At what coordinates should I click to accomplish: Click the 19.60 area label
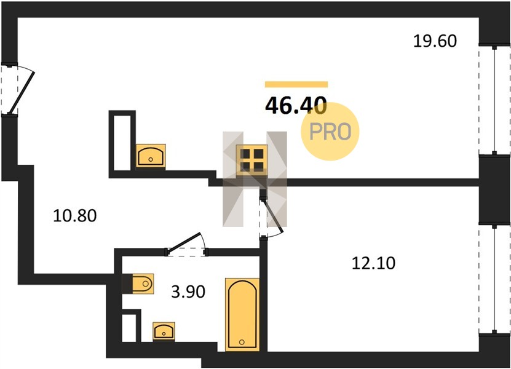(x=435, y=41)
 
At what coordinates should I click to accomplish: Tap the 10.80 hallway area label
(x=74, y=216)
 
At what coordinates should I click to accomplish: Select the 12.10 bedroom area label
(x=373, y=263)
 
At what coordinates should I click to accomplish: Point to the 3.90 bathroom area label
(x=188, y=292)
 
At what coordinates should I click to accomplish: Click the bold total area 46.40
(x=296, y=105)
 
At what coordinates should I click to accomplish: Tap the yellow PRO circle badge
(x=330, y=132)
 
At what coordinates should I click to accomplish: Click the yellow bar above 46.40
(x=296, y=84)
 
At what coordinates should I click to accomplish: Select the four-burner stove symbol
(x=252, y=161)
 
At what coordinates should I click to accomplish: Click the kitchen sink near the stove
(x=151, y=156)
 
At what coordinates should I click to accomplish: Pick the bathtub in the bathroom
(x=242, y=314)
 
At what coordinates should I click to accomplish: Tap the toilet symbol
(x=143, y=284)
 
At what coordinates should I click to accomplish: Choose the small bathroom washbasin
(x=164, y=331)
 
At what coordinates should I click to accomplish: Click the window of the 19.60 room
(x=494, y=100)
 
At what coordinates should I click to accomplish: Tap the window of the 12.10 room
(x=494, y=279)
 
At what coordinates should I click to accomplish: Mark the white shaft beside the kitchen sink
(x=122, y=143)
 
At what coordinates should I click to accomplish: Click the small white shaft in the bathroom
(x=129, y=328)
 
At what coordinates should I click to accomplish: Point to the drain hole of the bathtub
(x=242, y=343)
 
